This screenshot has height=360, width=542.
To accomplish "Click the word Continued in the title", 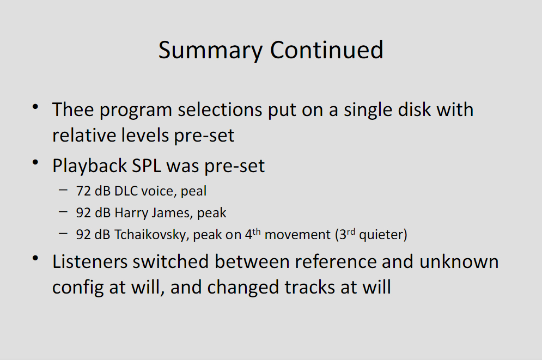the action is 327,50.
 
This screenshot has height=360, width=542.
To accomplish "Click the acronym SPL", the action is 147,166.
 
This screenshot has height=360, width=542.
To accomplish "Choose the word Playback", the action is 89,166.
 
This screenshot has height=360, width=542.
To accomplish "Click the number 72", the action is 83,191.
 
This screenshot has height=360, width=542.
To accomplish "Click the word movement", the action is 297,235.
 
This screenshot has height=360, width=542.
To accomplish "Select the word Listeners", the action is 92,261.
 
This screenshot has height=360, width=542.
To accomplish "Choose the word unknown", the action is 459,261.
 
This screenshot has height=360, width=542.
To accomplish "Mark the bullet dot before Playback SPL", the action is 35,162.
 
